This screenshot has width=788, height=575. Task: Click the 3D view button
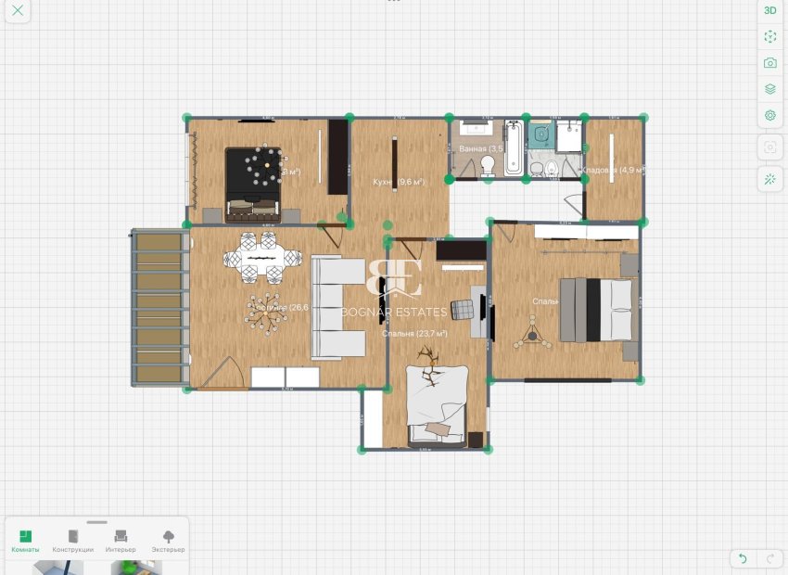point(769,10)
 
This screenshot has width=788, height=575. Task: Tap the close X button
point(18,11)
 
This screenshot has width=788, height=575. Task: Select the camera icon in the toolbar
point(769,63)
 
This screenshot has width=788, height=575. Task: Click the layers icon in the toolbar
point(769,89)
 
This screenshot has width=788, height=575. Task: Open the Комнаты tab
point(25,541)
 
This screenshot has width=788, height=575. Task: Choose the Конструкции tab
point(72,541)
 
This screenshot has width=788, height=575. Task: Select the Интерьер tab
point(121,541)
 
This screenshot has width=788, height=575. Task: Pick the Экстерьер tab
point(168,541)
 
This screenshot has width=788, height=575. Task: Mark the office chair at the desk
point(463,309)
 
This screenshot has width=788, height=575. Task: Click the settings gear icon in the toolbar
point(769,116)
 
